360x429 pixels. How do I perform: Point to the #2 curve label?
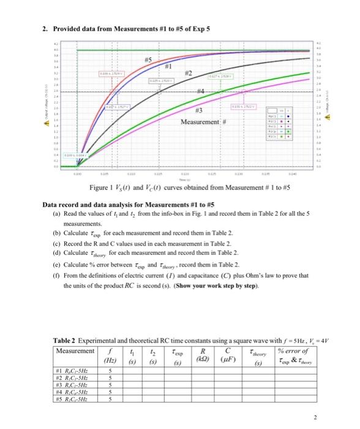coord(190,74)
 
